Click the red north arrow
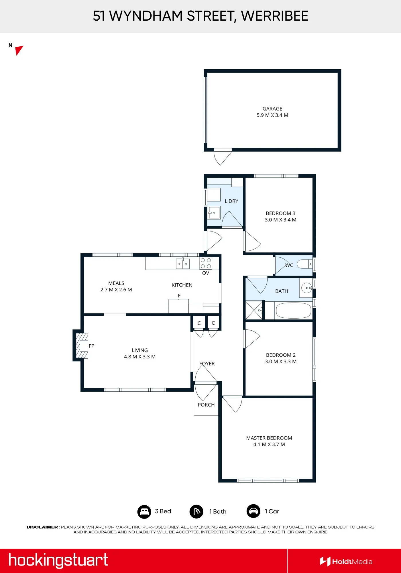[x=19, y=50]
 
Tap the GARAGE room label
[x=272, y=109]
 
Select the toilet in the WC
[x=304, y=264]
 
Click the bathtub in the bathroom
[x=294, y=311]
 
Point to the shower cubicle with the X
[x=254, y=310]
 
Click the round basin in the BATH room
[x=307, y=288]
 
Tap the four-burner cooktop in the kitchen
[x=206, y=263]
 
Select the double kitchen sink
[x=183, y=264]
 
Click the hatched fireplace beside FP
[x=82, y=346]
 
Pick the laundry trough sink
[x=214, y=213]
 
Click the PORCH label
[x=206, y=405]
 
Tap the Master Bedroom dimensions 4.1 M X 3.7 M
[x=269, y=444]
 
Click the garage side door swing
[x=223, y=157]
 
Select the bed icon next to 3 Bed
[x=144, y=511]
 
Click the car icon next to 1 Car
[x=253, y=511]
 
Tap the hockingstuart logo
[x=58, y=560]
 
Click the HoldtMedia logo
[x=346, y=562]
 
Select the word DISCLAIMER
[x=42, y=527]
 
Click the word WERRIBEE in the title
[x=275, y=16]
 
